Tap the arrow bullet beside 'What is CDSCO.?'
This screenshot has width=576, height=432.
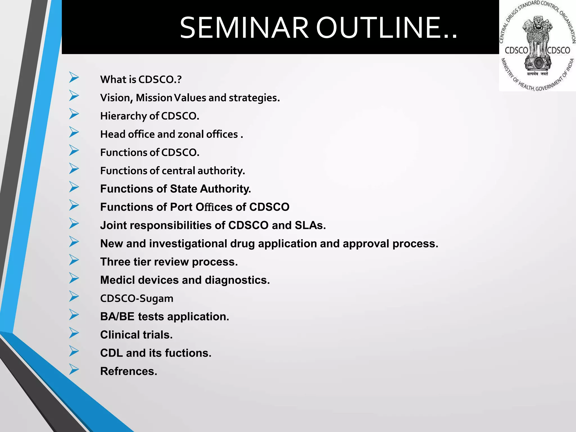tap(74, 77)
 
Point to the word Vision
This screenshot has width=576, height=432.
tap(116, 98)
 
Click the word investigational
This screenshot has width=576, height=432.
tap(188, 244)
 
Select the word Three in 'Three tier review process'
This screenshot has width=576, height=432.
tap(115, 262)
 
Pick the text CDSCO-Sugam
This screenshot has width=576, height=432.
tap(137, 298)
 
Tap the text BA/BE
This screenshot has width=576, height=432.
tap(117, 317)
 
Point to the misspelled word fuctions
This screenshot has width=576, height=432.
tap(188, 353)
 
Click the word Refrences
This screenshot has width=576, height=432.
tap(129, 372)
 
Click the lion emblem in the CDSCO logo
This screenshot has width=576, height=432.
tap(537, 42)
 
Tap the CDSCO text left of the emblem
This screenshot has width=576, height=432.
tap(516, 51)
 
